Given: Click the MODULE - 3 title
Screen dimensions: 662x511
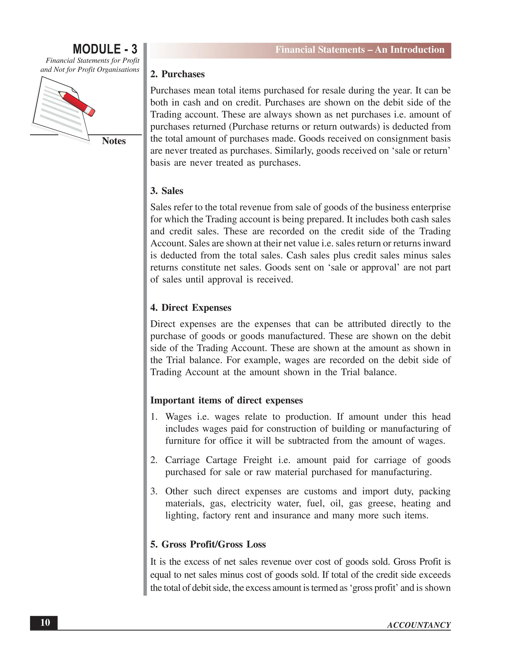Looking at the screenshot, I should pos(105,49).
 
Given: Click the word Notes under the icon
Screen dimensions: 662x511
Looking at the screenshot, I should pos(114,141).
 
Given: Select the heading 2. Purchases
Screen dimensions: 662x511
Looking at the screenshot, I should pos(177,74).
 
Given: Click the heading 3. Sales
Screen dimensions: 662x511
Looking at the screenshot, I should pos(167,191).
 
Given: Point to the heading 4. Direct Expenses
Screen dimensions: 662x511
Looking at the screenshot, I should pos(191,308).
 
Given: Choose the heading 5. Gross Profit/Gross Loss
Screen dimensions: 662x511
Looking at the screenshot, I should pos(208,544).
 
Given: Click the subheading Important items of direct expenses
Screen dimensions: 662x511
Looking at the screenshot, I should pos(227,400).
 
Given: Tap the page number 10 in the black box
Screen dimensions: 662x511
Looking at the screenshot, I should pos(45,623).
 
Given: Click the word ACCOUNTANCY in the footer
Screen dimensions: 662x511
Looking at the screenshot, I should pos(419,625).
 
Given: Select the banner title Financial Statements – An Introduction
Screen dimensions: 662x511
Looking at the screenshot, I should pos(359,50).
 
